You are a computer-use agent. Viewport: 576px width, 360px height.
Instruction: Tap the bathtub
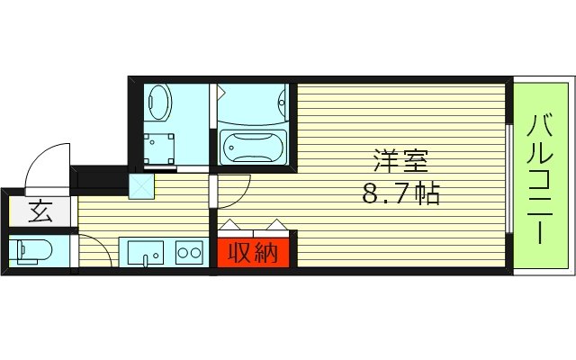coord(253,145)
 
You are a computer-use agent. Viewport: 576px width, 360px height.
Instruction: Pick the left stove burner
coord(184,252)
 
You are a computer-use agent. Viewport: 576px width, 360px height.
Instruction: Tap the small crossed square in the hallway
coord(142,186)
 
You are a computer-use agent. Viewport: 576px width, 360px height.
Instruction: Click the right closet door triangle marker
coord(275,225)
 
